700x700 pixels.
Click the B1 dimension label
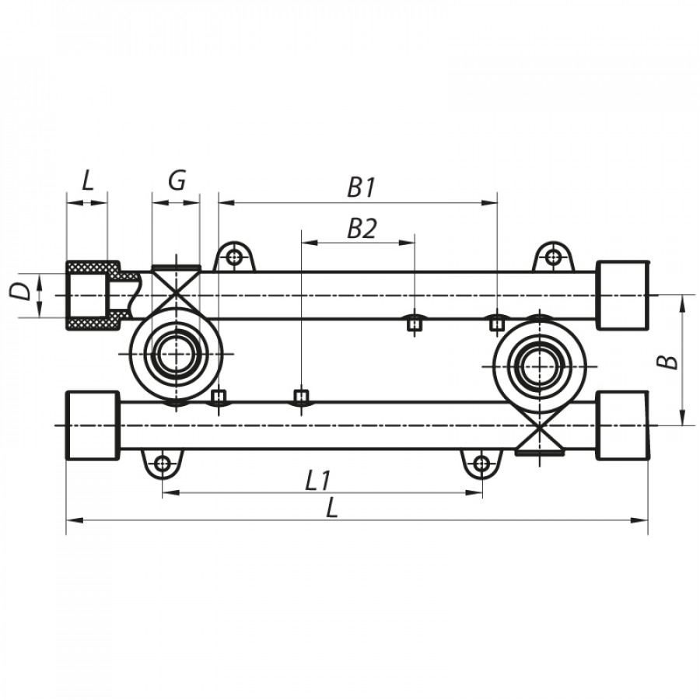click(362, 187)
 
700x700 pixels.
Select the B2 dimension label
click(362, 228)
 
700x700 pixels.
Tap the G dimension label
click(177, 181)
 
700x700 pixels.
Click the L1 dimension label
click(316, 481)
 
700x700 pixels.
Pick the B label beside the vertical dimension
click(670, 360)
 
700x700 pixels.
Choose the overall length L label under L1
click(333, 509)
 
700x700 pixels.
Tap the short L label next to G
click(87, 181)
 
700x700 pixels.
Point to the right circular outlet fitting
click(536, 364)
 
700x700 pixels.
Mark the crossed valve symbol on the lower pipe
click(541, 436)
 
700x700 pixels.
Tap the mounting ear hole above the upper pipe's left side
click(234, 256)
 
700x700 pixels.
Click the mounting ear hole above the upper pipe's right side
click(552, 256)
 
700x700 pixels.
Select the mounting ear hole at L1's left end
click(162, 464)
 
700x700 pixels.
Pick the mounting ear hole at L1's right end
click(481, 464)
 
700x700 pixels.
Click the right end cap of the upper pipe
click(622, 296)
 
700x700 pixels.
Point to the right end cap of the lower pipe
click(622, 425)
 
